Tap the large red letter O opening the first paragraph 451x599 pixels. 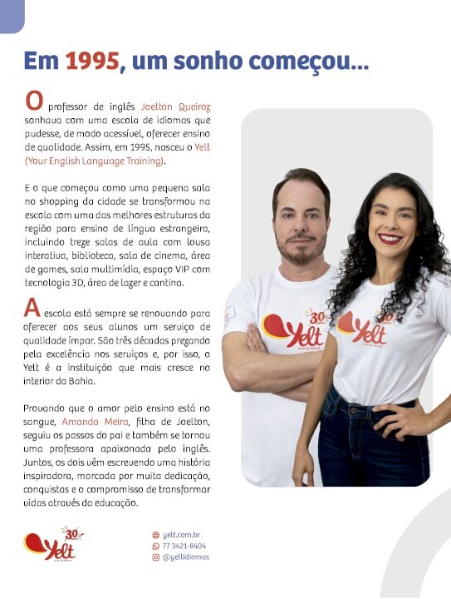coord(34,101)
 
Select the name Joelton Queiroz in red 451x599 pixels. coord(175,107)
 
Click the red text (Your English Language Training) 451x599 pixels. coord(96,160)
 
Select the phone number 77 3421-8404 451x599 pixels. coord(184,546)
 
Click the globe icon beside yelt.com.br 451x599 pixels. coord(155,535)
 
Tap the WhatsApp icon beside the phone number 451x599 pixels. coord(155,546)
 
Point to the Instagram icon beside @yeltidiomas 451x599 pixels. coord(155,557)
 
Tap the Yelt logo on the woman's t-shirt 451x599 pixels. coord(365,327)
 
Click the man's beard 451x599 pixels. coord(298,250)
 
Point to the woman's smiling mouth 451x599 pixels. coord(390,239)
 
